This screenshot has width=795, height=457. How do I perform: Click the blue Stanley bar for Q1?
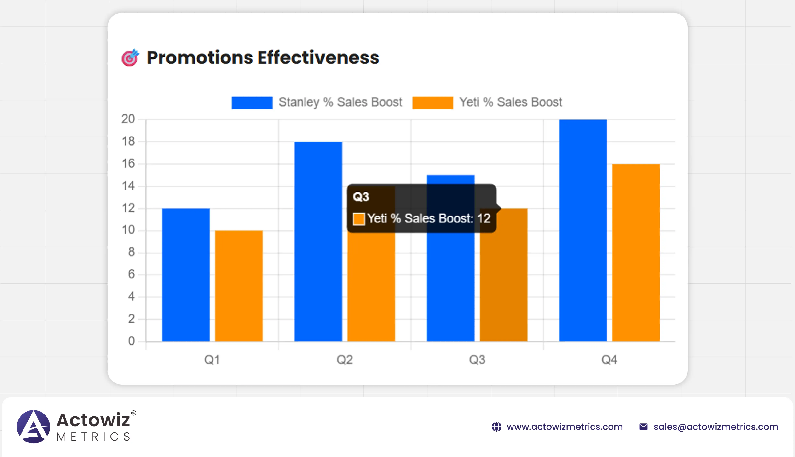click(186, 275)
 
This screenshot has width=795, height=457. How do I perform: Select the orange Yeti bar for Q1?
click(239, 286)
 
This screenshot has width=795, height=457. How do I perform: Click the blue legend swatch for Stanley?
click(252, 103)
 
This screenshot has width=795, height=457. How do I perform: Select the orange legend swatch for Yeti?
click(432, 103)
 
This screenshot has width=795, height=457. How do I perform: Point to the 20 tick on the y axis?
click(128, 119)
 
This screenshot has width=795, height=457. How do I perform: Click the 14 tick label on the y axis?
click(128, 186)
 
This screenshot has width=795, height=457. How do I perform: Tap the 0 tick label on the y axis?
click(131, 341)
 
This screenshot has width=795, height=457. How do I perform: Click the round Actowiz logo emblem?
click(33, 427)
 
